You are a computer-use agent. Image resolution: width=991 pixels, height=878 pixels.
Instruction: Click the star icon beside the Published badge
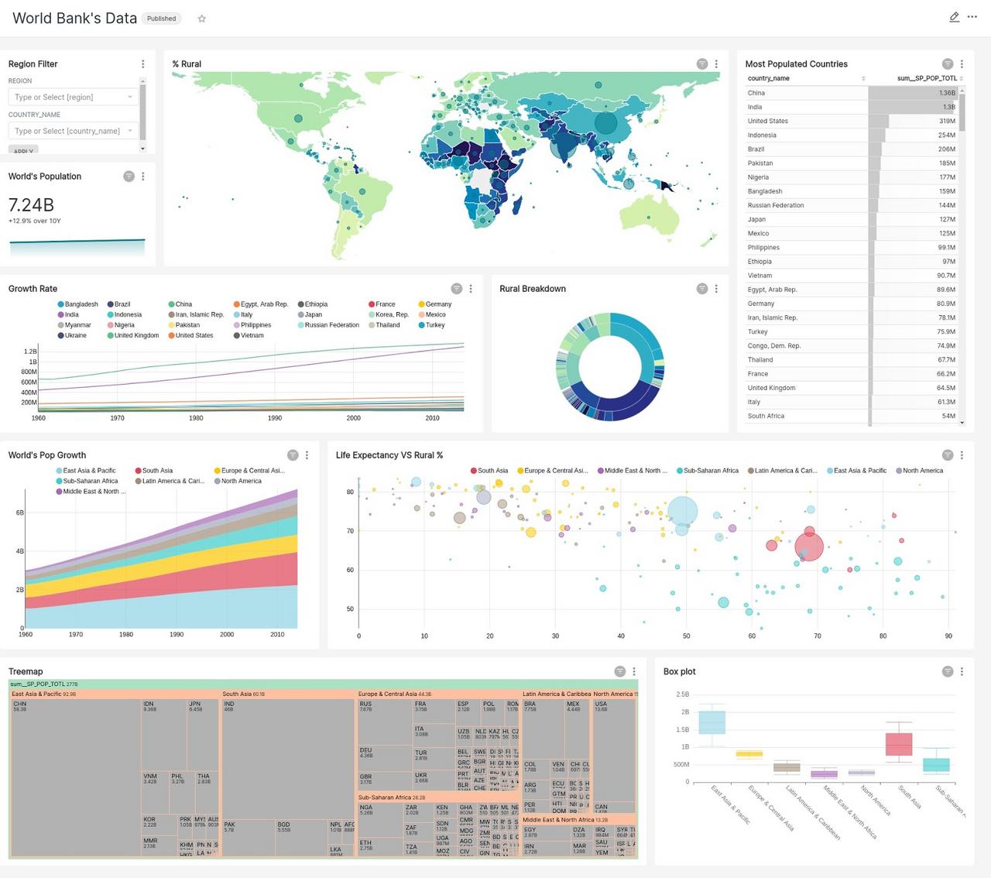202,19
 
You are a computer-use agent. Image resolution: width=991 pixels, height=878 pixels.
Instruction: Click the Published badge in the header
161,19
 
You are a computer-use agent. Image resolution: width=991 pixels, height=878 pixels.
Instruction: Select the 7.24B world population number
31,205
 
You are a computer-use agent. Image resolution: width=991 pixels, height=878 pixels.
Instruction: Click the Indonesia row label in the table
762,135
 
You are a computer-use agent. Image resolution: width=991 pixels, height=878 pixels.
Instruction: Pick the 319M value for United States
947,121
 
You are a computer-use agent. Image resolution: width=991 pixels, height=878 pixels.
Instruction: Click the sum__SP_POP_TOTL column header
927,78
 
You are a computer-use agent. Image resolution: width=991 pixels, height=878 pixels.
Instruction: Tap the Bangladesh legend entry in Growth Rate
81,304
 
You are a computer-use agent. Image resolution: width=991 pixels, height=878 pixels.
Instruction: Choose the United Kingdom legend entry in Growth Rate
136,335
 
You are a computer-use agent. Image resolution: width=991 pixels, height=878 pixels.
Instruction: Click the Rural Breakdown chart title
533,289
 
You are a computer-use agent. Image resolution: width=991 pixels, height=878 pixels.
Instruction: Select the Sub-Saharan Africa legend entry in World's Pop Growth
90,481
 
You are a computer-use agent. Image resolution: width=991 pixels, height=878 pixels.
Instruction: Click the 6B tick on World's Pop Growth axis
19,513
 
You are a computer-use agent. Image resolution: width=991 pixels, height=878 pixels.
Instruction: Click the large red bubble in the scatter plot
809,547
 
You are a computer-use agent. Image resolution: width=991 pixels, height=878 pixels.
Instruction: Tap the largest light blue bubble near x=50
682,511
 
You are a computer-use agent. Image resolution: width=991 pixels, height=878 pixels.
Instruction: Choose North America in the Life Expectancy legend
922,471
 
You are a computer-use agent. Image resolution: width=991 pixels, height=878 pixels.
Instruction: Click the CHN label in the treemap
19,704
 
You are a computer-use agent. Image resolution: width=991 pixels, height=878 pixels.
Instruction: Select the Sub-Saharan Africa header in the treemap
391,797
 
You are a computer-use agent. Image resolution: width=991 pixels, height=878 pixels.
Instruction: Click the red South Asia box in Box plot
899,743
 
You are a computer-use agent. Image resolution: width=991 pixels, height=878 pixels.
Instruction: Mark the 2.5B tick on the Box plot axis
682,695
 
